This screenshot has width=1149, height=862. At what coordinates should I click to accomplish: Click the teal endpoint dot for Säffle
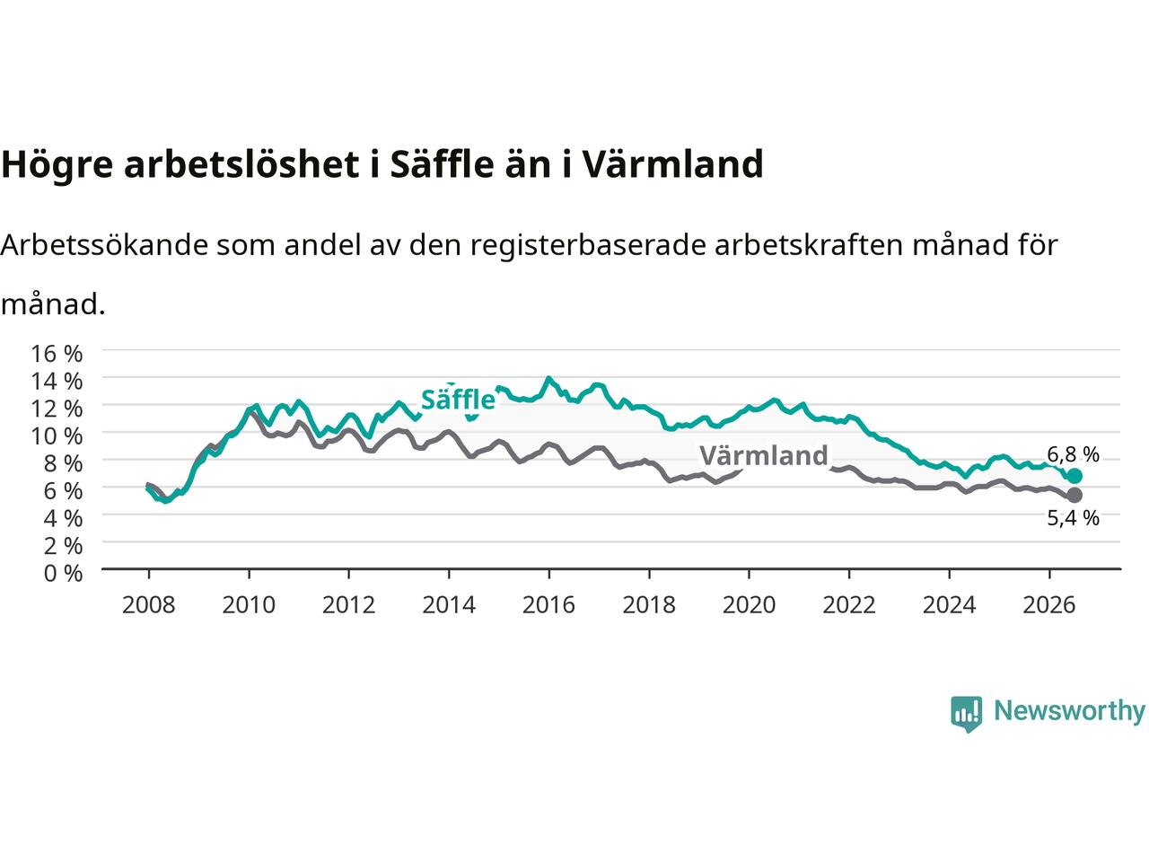click(1074, 476)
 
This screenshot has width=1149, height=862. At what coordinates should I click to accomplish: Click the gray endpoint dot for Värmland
click(1074, 495)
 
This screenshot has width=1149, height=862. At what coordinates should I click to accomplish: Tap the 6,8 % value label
click(1073, 454)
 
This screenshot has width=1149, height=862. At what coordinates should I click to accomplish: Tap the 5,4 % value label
click(1073, 517)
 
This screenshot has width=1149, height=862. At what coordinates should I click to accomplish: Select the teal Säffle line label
click(458, 400)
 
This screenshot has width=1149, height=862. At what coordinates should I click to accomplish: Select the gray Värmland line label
click(764, 455)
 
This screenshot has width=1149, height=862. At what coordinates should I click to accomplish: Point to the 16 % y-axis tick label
click(57, 353)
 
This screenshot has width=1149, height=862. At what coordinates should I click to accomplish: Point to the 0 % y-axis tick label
click(64, 573)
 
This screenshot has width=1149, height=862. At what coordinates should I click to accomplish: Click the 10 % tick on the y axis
click(57, 435)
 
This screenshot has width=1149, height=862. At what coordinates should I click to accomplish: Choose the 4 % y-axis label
click(64, 518)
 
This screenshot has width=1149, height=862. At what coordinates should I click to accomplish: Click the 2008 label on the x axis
click(148, 605)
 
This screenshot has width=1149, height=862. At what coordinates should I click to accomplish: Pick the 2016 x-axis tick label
click(548, 605)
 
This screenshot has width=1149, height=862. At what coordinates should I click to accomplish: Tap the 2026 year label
click(1049, 605)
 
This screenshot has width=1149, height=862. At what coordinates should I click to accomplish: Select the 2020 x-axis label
click(749, 605)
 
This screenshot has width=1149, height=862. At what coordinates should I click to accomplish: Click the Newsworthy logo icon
click(966, 714)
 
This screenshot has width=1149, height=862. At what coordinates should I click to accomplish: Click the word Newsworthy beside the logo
click(1069, 711)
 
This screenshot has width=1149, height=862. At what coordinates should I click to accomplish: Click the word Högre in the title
click(57, 164)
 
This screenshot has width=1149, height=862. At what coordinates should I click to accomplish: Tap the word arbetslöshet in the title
click(241, 163)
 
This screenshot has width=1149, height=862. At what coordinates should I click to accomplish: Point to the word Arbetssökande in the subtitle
click(104, 244)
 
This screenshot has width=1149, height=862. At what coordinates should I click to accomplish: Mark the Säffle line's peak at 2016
click(548, 377)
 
